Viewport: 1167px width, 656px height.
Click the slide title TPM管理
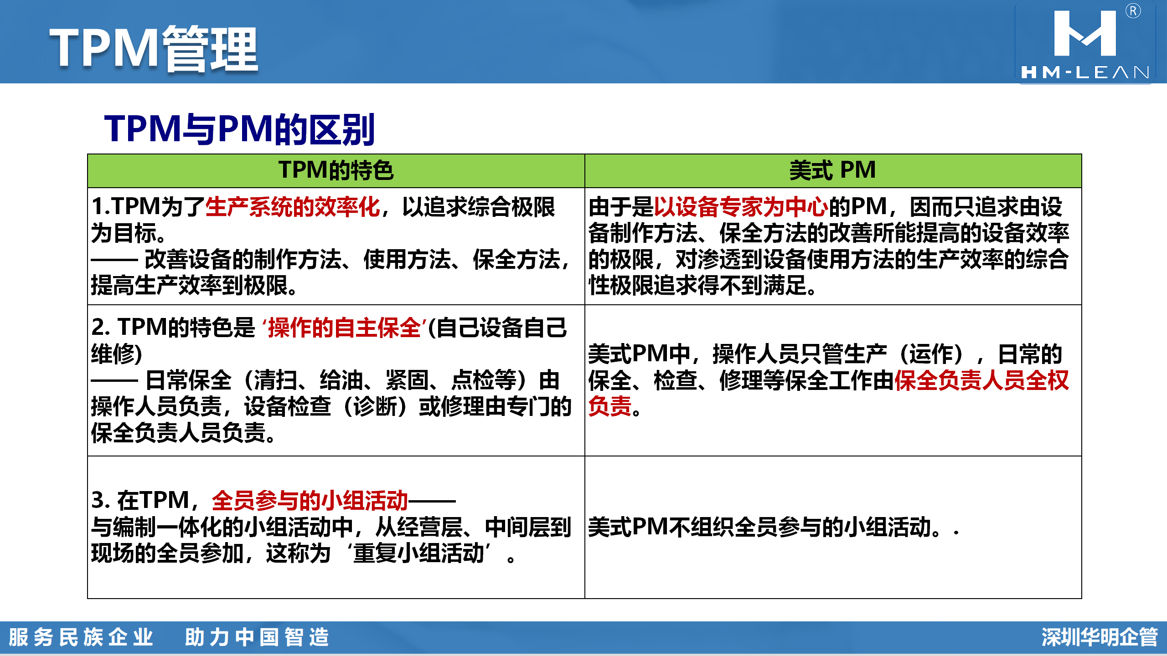pos(154,49)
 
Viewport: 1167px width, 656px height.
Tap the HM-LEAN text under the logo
pos(1085,72)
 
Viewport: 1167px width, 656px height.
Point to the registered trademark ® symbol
pos(1133,11)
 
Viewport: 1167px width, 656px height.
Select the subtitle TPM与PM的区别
pos(239,129)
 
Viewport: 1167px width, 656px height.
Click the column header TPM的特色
pos(336,171)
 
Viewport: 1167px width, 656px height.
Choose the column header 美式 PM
pos(832,170)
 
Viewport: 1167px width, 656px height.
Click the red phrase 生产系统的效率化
pos(293,207)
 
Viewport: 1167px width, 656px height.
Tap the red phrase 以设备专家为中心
pos(741,207)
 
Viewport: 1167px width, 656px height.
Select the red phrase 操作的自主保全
pos(344,328)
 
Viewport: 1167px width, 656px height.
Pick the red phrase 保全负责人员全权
pos(981,380)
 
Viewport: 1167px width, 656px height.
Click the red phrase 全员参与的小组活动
pos(310,501)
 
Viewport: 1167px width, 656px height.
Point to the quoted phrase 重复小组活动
pos(418,553)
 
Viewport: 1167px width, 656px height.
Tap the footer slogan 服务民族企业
pos(81,637)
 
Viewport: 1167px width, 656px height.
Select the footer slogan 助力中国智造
pos(257,637)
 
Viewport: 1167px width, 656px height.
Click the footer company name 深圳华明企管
pos(1100,637)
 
